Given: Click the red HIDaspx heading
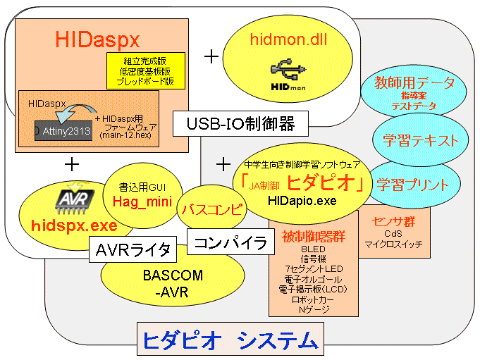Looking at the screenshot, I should coord(99,39).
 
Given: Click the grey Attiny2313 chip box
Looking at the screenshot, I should coord(63,130).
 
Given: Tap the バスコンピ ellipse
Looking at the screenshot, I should coord(212,209).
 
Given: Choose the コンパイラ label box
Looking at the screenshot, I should coord(230,244).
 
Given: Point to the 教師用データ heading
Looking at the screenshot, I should coord(414,82).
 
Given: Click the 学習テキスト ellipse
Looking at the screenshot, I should coord(416,139).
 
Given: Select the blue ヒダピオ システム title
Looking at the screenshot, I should coord(230,341).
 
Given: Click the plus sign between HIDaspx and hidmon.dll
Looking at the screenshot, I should coord(211,57).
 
